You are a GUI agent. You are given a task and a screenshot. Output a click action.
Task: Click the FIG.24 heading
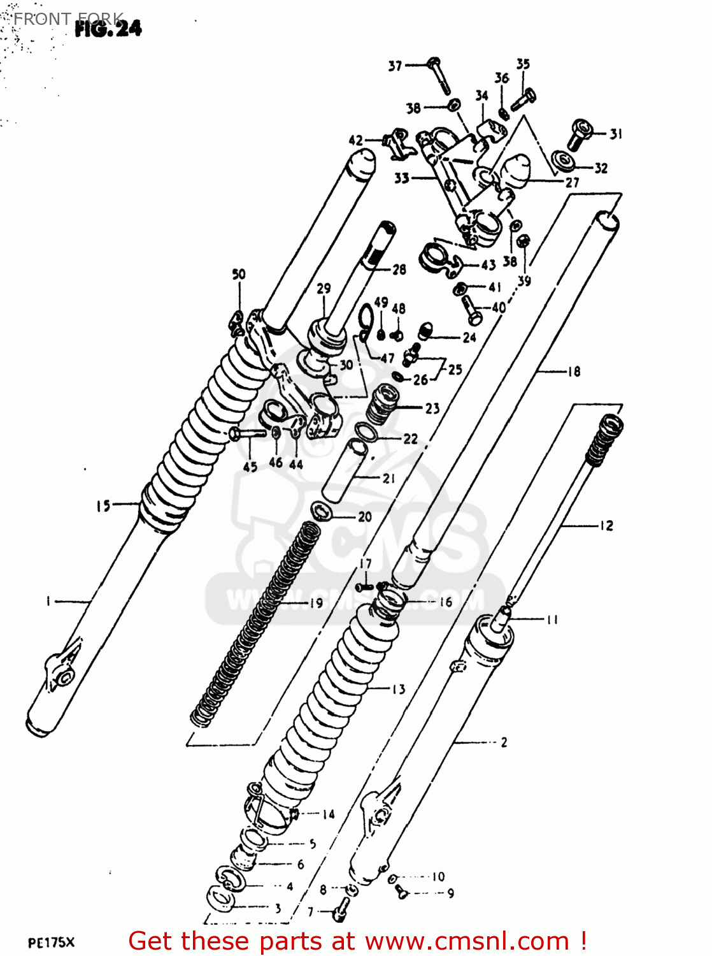(108, 28)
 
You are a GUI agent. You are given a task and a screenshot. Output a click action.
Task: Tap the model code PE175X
(52, 943)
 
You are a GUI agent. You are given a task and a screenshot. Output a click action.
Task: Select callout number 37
(395, 66)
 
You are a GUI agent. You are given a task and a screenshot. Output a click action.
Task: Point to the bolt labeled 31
(579, 134)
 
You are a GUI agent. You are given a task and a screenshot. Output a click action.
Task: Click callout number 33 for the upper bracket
(401, 178)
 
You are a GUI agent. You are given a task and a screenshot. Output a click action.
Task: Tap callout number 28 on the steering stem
(399, 270)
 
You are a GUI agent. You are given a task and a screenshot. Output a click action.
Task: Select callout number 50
(239, 274)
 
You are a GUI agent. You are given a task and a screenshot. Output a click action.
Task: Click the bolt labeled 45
(246, 433)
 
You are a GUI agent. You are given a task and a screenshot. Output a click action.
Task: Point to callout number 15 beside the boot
(103, 506)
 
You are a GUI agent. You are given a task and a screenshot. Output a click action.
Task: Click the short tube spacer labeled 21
(345, 470)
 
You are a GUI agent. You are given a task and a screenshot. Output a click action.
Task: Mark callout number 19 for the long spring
(316, 602)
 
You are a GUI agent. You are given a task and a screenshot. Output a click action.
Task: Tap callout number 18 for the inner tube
(574, 371)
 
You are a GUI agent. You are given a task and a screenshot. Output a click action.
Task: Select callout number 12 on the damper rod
(606, 525)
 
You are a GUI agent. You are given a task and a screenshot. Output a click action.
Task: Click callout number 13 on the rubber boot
(398, 689)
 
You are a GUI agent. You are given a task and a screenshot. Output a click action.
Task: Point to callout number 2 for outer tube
(504, 742)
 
